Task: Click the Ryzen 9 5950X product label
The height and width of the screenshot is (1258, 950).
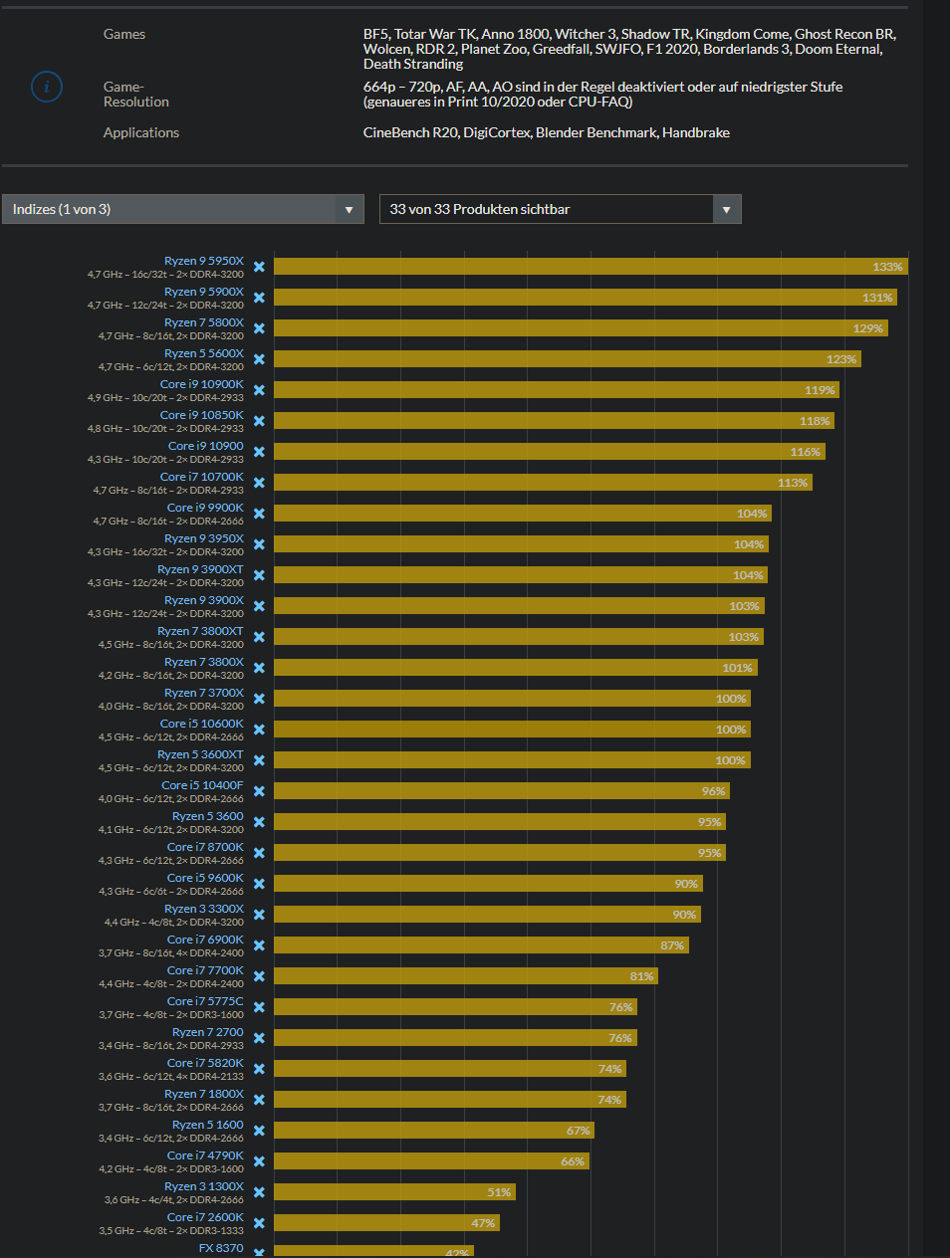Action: [203, 261]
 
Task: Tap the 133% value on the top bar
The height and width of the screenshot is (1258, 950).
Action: [887, 267]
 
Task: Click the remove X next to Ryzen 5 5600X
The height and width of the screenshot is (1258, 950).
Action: [259, 359]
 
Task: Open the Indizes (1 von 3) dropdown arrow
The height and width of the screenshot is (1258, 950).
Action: [349, 209]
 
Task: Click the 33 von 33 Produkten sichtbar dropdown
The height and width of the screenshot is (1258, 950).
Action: [560, 209]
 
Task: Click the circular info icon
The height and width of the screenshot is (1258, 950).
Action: [47, 87]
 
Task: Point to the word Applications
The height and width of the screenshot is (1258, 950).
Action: [141, 132]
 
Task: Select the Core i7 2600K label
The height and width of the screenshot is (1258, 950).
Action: [205, 1217]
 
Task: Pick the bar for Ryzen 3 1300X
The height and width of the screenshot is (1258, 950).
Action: [393, 1192]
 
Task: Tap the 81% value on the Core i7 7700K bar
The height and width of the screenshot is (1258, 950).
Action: [641, 976]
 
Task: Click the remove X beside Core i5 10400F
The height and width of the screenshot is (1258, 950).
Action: [259, 791]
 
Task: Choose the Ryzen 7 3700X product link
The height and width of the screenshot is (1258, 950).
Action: [203, 693]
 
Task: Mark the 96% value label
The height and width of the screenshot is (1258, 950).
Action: [713, 791]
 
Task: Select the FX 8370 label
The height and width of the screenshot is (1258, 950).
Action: [221, 1248]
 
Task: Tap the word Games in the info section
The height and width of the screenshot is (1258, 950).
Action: [124, 34]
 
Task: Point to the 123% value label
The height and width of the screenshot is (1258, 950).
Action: [840, 359]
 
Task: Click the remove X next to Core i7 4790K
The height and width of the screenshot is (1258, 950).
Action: [259, 1161]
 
